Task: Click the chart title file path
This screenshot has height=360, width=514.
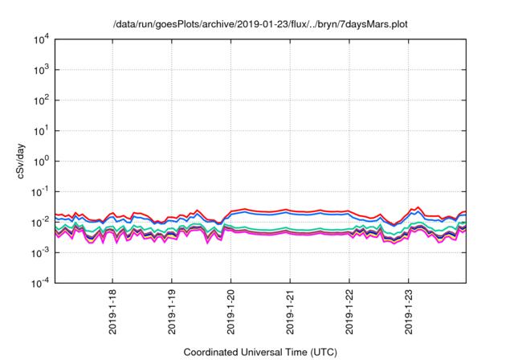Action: [x=260, y=25]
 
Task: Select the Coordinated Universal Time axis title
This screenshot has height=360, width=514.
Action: [x=260, y=352]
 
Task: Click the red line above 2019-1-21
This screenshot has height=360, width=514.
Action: [x=290, y=210]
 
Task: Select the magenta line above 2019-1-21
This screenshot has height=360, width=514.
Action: [x=290, y=234]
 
